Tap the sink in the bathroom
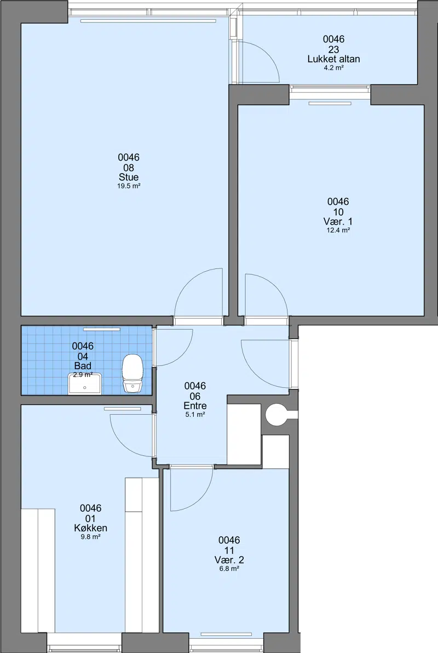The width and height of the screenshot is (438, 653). (84, 383)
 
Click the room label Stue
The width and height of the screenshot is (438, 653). (129, 177)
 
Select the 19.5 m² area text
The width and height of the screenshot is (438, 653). (129, 186)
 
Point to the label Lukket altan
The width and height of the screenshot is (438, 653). (333, 59)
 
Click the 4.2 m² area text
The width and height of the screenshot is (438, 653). (333, 68)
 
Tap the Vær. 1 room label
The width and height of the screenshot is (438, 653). (338, 221)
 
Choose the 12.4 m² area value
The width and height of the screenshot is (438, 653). (338, 230)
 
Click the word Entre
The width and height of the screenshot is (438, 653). (195, 405)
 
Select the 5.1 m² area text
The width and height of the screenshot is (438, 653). (195, 415)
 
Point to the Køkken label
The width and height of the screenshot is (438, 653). (90, 528)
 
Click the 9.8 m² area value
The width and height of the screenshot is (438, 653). (90, 537)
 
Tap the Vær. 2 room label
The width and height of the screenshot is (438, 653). (229, 560)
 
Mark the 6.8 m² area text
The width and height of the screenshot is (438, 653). (229, 569)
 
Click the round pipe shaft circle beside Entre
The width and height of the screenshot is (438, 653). (275, 415)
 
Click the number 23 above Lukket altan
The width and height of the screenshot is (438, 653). (333, 49)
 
